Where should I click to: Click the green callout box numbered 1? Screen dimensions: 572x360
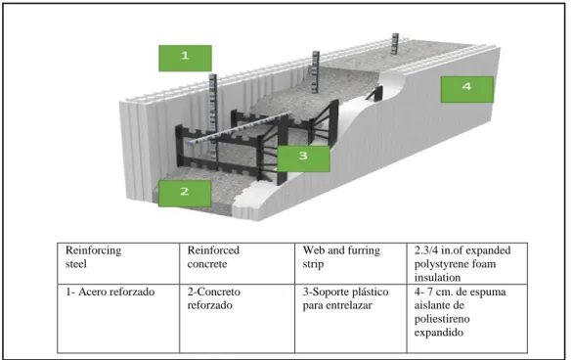click(x=185, y=58)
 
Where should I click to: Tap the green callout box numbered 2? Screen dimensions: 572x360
click(x=185, y=193)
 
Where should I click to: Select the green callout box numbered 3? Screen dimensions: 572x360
click(x=303, y=158)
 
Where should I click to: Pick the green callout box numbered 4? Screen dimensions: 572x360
click(x=467, y=89)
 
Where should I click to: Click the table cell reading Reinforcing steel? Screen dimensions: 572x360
click(x=118, y=263)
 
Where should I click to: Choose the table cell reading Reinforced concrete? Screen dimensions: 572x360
click(x=238, y=263)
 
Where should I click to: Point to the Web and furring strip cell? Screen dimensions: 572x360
click(x=351, y=263)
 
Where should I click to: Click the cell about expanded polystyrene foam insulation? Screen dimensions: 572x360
click(x=467, y=263)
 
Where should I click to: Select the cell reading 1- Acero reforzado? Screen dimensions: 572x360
click(x=118, y=318)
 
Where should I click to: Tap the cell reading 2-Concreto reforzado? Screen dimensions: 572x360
click(x=238, y=318)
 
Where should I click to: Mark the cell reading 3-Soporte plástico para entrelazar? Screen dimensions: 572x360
click(x=351, y=318)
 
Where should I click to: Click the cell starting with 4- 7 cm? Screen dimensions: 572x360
click(x=467, y=318)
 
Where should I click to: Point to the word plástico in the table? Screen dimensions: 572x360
click(x=368, y=292)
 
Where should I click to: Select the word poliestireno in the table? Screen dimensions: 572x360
click(x=442, y=319)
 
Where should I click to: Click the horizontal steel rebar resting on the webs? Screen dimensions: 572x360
click(x=240, y=127)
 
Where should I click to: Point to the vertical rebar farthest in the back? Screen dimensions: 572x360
click(x=395, y=44)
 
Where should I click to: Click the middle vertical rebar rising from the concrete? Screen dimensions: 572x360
click(x=315, y=71)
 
